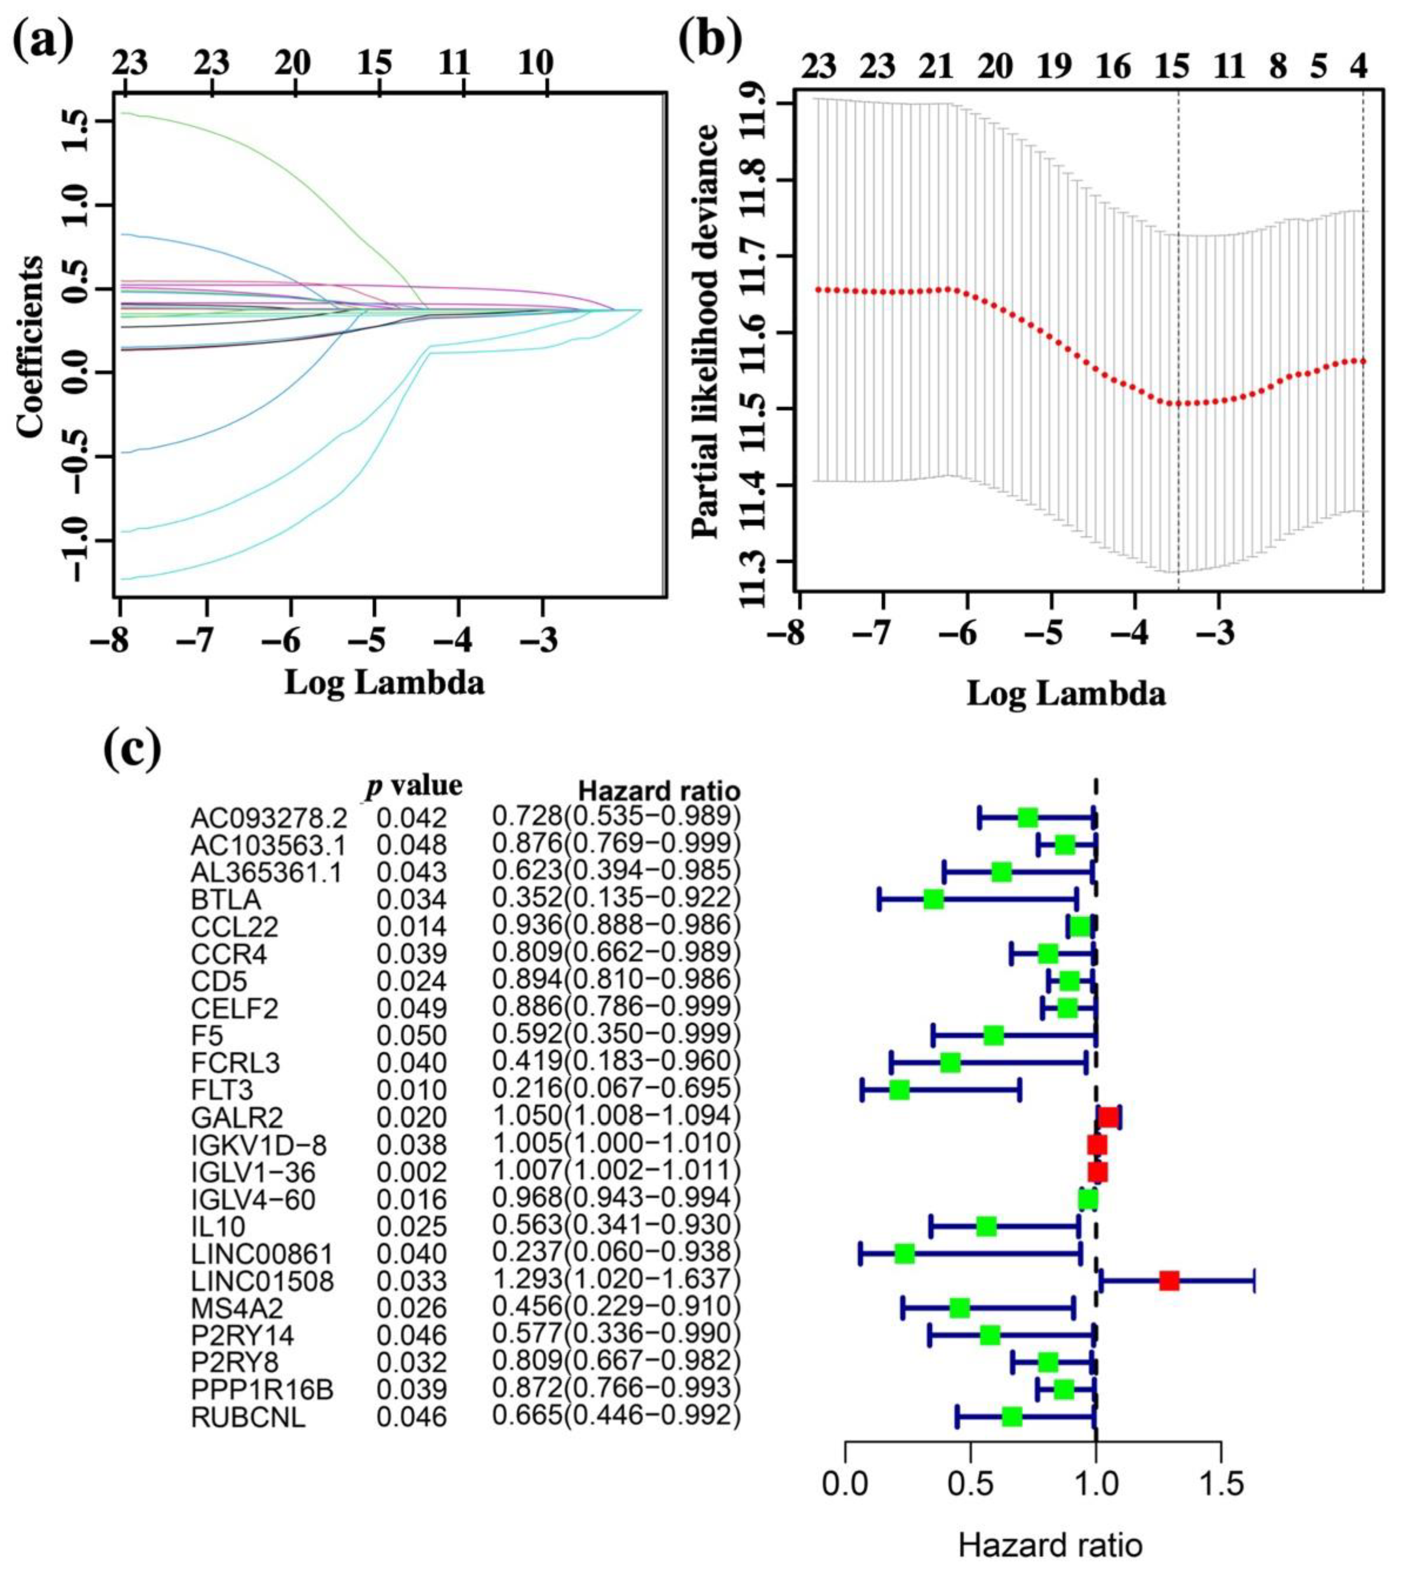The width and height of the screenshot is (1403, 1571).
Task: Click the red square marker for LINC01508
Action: pos(1169,1280)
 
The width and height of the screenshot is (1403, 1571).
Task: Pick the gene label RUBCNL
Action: pos(247,1417)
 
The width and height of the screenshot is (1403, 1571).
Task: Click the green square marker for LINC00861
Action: pos(904,1254)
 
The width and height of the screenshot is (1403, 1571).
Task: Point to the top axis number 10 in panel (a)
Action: pos(534,63)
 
